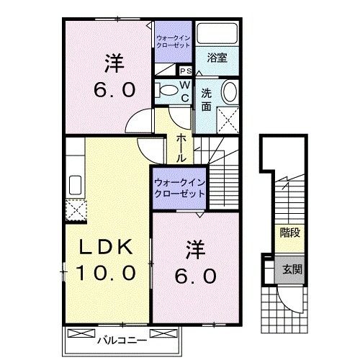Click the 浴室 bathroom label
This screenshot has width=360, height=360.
[217, 58]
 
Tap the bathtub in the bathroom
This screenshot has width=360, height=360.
[217, 35]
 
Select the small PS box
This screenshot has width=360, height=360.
[185, 71]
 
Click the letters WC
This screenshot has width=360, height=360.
[184, 90]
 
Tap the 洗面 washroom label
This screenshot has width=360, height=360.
[207, 99]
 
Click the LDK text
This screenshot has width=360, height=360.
[106, 247]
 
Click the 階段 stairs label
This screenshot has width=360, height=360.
[289, 233]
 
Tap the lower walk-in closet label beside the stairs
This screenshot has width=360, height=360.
[179, 187]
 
